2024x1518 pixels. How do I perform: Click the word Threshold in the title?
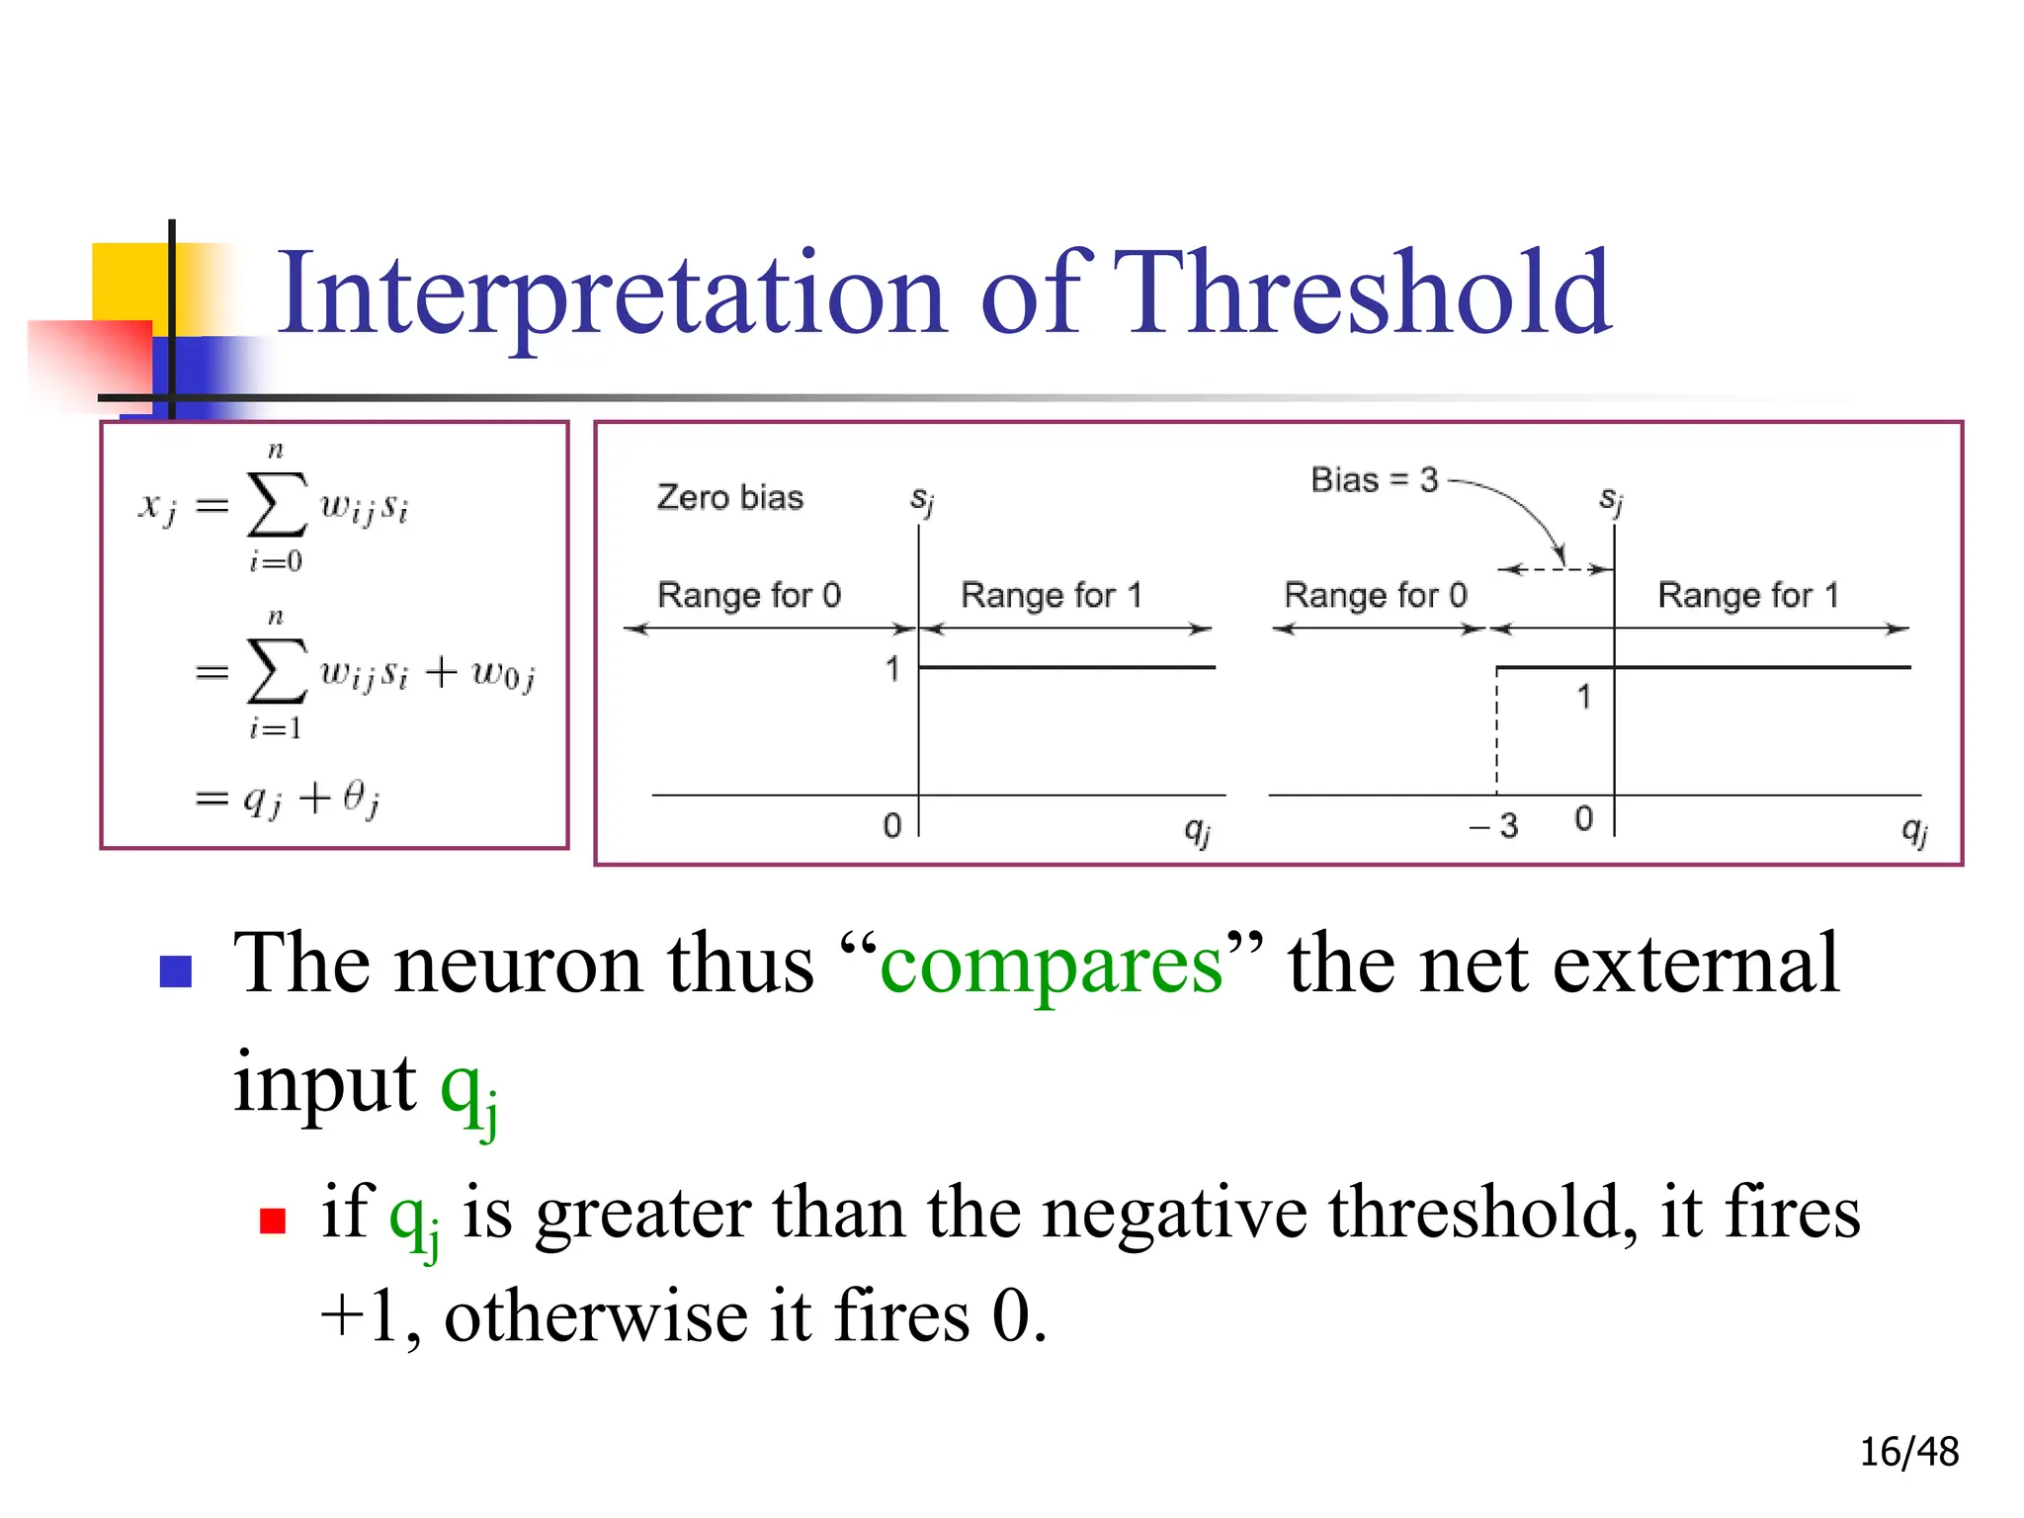(x=1364, y=294)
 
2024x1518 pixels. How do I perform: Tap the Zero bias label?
(x=730, y=497)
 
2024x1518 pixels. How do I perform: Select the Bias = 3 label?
(x=1374, y=480)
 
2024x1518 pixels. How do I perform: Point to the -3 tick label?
(x=1494, y=825)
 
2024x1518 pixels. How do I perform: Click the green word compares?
(x=1052, y=965)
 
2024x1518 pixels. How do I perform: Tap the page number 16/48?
(x=1908, y=1452)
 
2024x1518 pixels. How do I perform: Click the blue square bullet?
(x=176, y=971)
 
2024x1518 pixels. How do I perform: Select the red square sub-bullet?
(x=273, y=1222)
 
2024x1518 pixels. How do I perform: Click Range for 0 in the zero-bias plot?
(x=749, y=595)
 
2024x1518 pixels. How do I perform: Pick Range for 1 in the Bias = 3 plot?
(x=1748, y=595)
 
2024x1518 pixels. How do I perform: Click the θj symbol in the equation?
(x=360, y=799)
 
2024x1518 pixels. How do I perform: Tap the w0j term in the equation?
(x=503, y=675)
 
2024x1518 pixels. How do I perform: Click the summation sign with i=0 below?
(x=276, y=507)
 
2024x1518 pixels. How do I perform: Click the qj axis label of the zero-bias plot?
(x=1197, y=831)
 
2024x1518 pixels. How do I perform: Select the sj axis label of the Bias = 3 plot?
(x=1611, y=500)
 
